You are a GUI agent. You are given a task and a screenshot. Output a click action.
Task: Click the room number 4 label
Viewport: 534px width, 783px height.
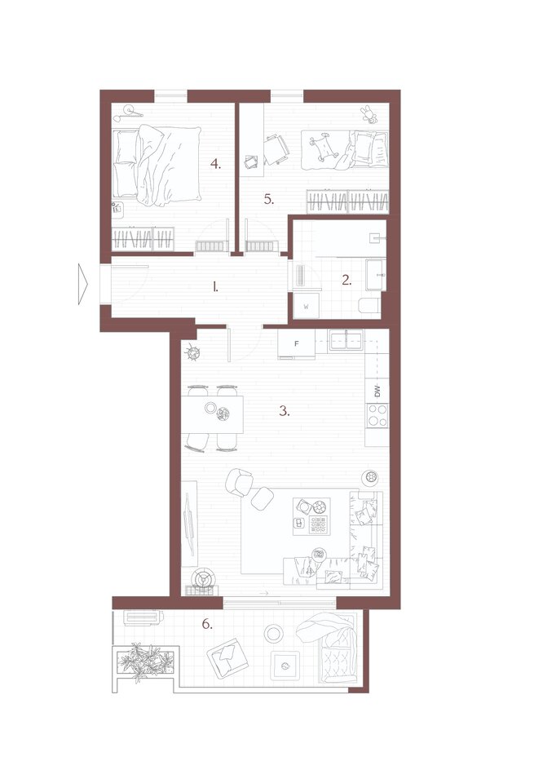(x=215, y=164)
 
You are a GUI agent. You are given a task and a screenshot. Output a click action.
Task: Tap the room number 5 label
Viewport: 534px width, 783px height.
(x=269, y=200)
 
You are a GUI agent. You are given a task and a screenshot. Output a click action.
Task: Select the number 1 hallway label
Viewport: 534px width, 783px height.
(x=215, y=286)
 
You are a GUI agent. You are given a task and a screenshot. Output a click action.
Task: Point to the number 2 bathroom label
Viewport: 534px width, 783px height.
(x=346, y=281)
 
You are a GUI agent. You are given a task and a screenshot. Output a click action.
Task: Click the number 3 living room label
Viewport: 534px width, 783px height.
(x=284, y=411)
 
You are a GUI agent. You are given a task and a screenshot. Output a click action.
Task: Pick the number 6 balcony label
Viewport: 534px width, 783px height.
(x=207, y=624)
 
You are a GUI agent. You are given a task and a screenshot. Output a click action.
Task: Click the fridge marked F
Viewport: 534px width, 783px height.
(x=297, y=344)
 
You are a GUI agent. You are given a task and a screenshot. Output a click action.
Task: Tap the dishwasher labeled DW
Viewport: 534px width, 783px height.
(x=377, y=391)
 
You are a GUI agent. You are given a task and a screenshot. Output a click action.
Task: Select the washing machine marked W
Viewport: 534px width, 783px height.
(x=306, y=307)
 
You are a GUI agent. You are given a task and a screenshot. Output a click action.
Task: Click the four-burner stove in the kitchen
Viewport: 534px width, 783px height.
(x=377, y=415)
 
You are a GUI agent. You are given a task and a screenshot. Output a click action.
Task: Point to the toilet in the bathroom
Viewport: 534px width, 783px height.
(x=369, y=306)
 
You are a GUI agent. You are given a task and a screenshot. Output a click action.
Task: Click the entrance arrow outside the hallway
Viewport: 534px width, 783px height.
(x=83, y=284)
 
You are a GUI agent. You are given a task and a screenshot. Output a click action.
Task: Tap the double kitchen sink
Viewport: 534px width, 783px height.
(x=346, y=341)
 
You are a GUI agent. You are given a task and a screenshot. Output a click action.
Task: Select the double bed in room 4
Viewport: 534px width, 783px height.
(x=157, y=165)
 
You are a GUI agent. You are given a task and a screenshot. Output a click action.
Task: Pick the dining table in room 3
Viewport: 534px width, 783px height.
(x=212, y=414)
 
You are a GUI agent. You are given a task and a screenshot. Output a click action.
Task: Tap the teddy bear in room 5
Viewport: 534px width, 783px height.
(x=369, y=114)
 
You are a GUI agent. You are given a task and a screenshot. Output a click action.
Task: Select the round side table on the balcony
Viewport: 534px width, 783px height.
(x=273, y=634)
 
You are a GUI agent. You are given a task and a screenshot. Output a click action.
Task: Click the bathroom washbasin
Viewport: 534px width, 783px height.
(x=376, y=274)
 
